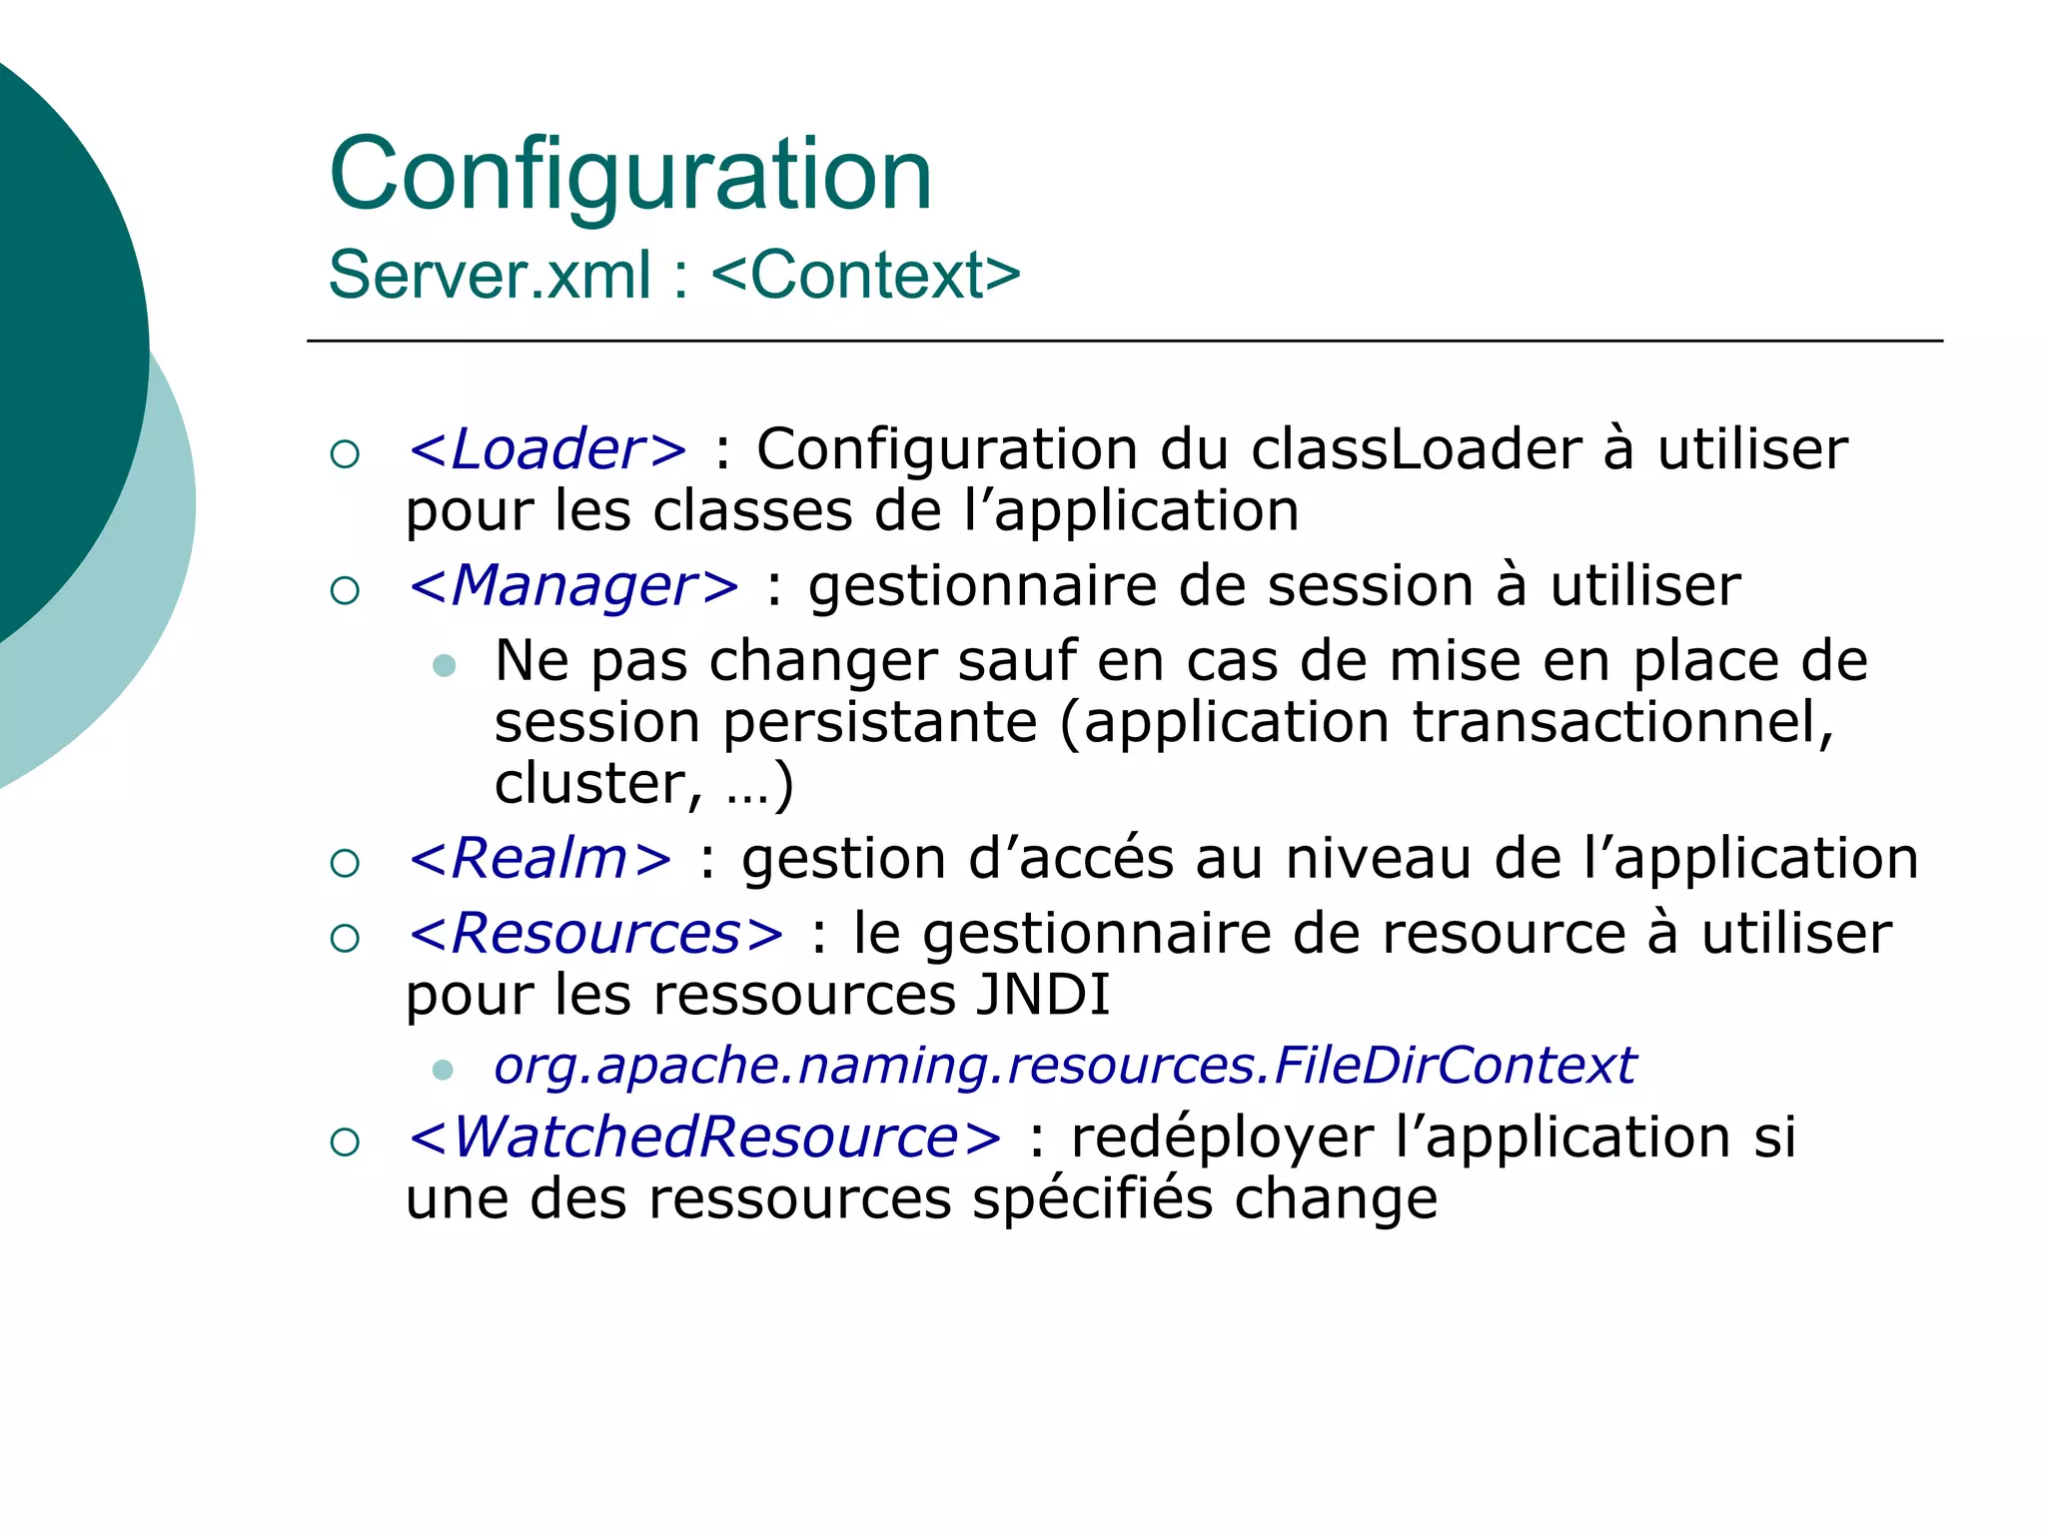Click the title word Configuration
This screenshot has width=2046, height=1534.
click(630, 177)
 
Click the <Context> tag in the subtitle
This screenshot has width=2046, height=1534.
click(865, 275)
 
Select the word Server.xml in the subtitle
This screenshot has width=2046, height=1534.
click(490, 275)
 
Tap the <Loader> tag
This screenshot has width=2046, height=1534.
click(547, 449)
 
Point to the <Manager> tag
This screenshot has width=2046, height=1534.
click(573, 585)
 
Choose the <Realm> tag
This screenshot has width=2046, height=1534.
click(539, 859)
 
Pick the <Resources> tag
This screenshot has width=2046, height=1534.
click(596, 934)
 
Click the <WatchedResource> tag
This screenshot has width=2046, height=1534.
click(704, 1138)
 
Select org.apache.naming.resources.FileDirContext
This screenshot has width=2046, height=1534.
click(1065, 1066)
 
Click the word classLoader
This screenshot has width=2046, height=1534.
click(1417, 449)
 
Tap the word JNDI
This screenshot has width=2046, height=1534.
click(1043, 995)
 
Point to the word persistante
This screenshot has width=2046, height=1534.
click(880, 722)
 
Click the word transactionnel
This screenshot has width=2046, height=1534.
click(1623, 722)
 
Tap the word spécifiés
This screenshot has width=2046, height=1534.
click(1093, 1198)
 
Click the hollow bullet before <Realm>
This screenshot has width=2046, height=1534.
click(345, 863)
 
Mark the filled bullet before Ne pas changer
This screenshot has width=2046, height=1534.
click(445, 665)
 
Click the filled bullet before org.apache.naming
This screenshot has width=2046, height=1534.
click(444, 1071)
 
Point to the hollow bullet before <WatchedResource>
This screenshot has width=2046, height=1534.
click(345, 1142)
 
